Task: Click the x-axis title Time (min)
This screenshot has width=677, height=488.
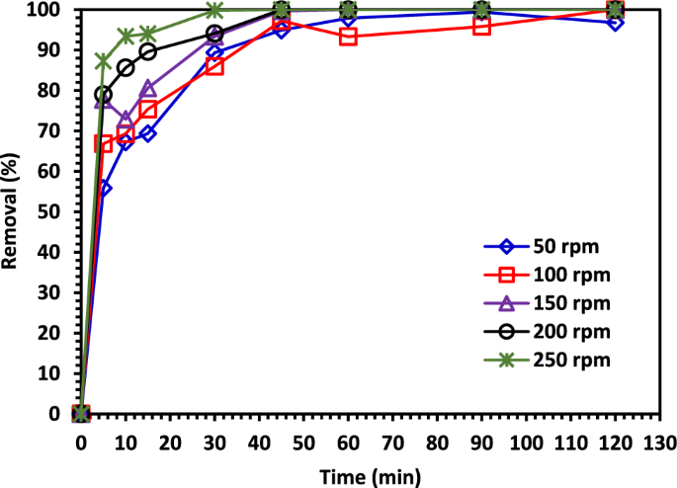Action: coord(370,476)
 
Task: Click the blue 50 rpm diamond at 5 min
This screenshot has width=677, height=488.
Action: coord(104,188)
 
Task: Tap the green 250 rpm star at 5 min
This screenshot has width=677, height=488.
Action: coord(104,61)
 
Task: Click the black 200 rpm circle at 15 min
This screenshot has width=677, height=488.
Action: coord(148,51)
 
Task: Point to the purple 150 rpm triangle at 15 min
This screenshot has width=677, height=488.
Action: coord(148,88)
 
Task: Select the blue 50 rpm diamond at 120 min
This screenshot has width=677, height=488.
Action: coord(615,22)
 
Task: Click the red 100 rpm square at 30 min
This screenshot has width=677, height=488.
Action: coord(214,66)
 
